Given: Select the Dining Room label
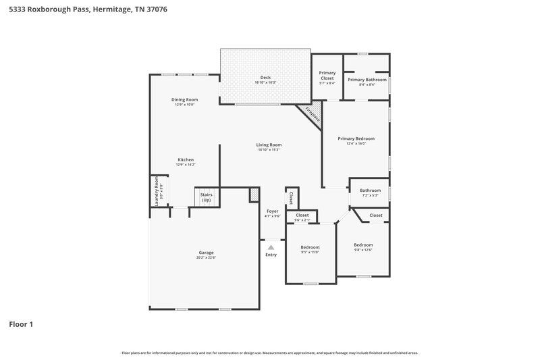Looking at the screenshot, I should coord(184,102).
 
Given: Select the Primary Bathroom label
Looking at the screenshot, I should coord(367,82).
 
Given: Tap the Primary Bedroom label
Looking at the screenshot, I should coord(356,140).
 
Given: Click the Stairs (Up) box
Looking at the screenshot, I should coord(205,197).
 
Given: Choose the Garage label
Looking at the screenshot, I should coord(206,255).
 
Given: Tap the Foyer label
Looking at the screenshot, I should coord(272,213).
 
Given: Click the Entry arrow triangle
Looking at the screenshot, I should coord(271,248).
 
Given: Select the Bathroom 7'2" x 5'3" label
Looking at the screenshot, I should coord(370,192).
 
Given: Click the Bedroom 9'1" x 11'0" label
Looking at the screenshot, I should coord(310,249).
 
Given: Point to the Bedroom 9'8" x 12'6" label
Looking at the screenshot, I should coord(363,247).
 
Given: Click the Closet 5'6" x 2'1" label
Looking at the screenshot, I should coord(302,217).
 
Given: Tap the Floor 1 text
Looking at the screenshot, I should coord(21,324).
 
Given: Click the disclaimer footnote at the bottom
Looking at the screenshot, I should coord(269,353).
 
